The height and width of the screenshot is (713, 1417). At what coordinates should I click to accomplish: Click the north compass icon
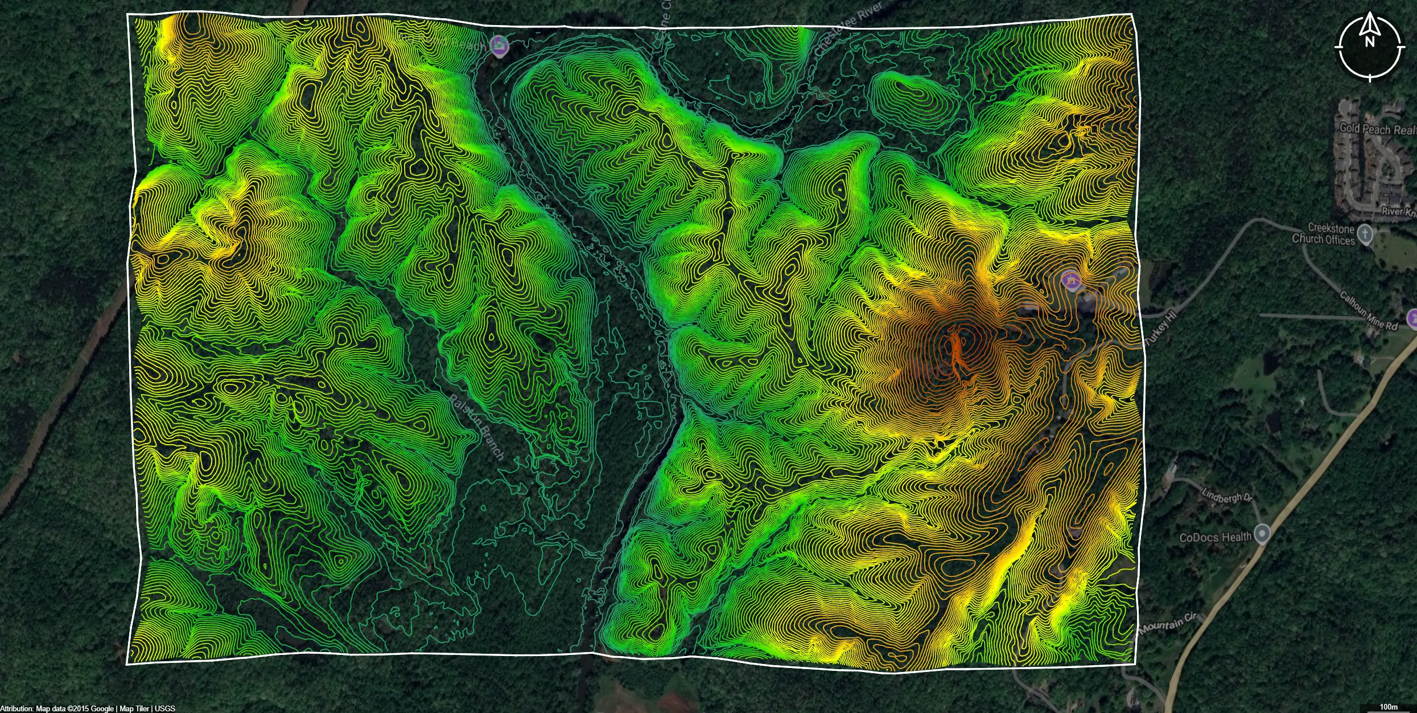click(1369, 47)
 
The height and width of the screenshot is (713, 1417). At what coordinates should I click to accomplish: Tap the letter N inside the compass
click(1369, 42)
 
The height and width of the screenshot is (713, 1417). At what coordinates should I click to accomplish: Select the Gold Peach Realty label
click(1376, 129)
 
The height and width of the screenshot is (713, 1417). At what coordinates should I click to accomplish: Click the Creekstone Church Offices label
click(1323, 234)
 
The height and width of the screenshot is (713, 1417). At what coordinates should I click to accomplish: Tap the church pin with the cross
click(1365, 233)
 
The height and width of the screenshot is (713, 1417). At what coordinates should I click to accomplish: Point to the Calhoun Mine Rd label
click(1368, 311)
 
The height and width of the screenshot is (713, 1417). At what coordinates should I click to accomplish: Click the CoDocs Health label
click(1215, 537)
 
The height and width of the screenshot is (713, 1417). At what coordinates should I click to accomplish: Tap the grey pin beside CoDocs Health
click(1263, 534)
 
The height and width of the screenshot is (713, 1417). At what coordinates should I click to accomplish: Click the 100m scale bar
click(1389, 707)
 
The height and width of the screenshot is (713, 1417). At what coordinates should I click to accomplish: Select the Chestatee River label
click(847, 28)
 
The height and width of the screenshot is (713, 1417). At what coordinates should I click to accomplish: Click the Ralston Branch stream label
click(477, 427)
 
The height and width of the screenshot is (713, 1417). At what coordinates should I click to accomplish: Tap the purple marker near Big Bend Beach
click(499, 46)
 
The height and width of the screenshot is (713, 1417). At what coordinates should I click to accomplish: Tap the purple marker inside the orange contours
click(1072, 280)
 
